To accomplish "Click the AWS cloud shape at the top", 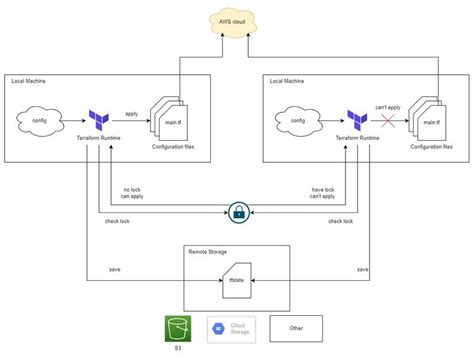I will point(237,23).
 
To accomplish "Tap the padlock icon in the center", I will point(238,212).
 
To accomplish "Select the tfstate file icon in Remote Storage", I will point(237,280).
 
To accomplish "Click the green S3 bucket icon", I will point(179,328).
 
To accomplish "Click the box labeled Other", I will point(297,327).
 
